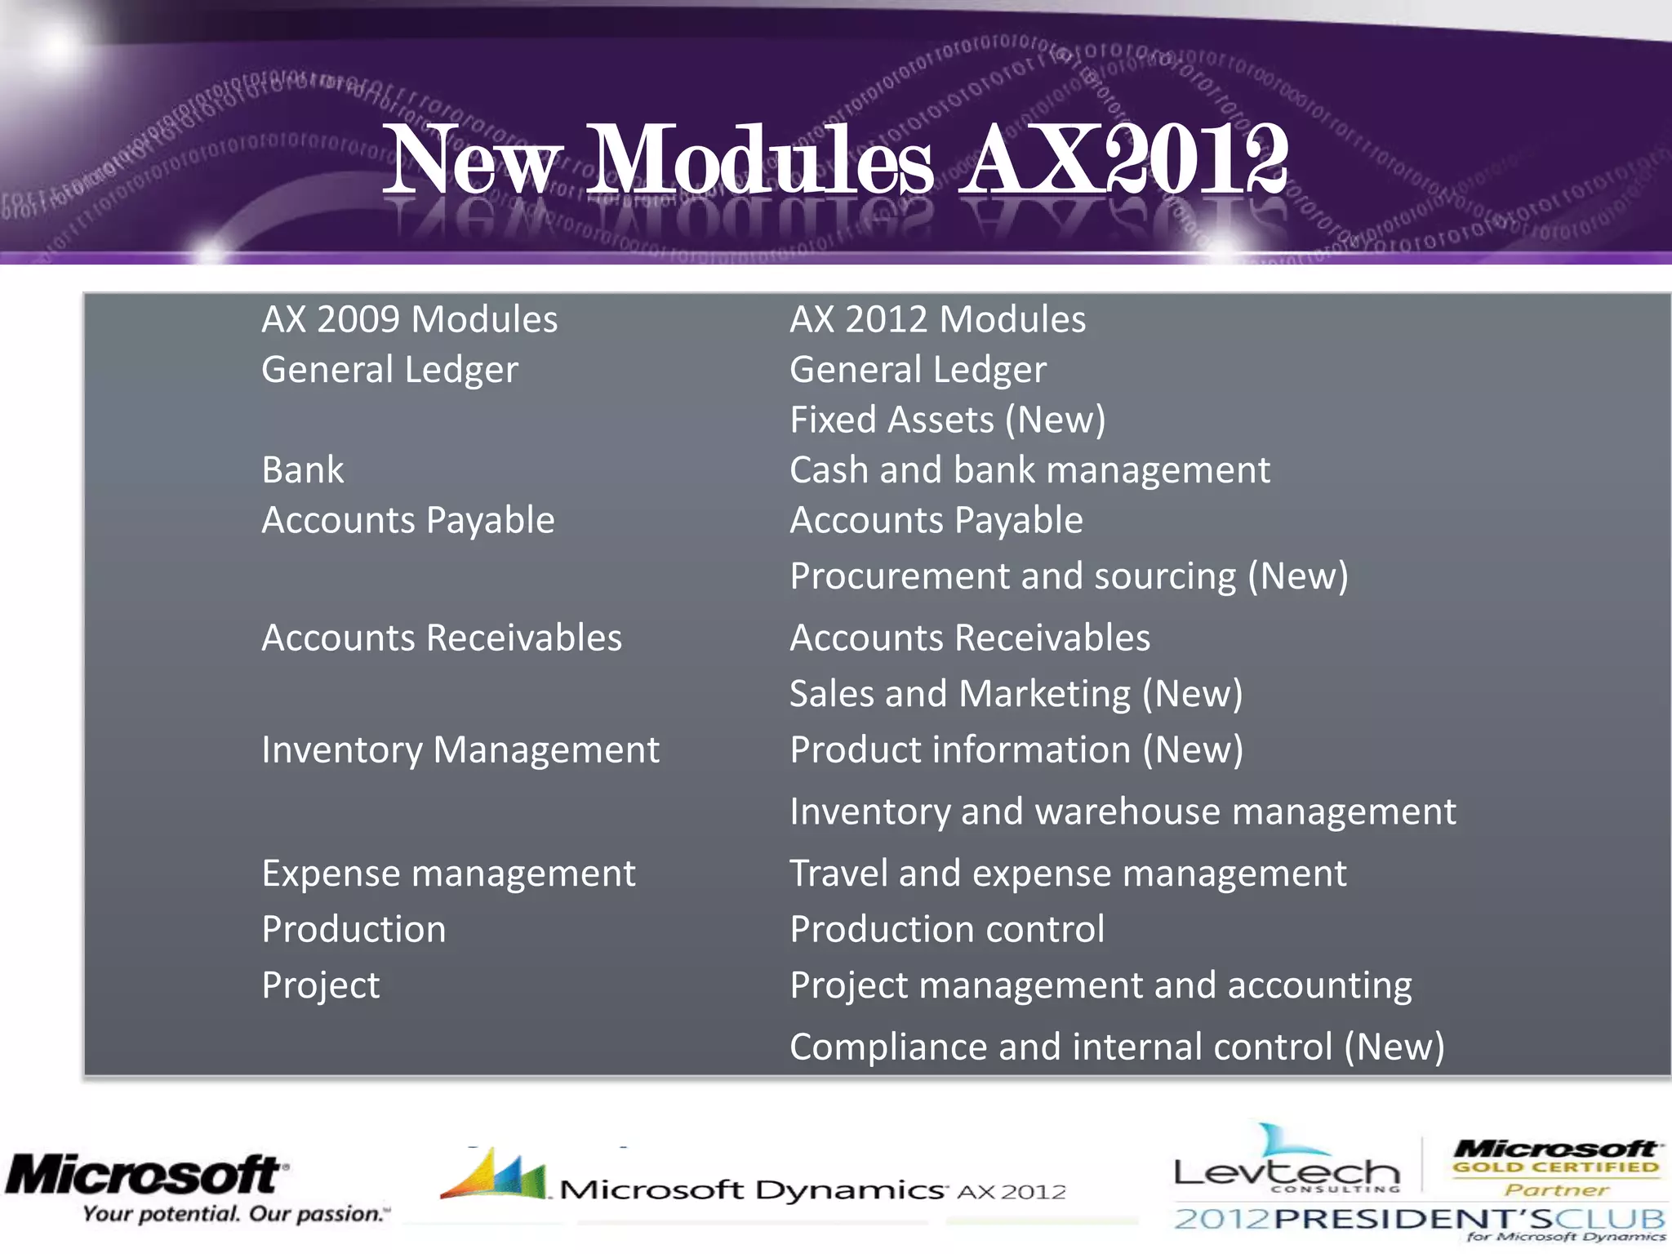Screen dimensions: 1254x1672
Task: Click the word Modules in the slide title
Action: pos(759,161)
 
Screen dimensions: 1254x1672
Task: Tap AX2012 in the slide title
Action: pos(1123,161)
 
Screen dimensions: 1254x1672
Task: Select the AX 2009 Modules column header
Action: pos(409,319)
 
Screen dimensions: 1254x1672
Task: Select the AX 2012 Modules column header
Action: pos(937,319)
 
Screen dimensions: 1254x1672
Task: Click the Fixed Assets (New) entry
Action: pos(947,420)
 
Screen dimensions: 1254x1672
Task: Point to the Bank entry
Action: pos(303,470)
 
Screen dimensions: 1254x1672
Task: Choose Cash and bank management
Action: pos(1029,470)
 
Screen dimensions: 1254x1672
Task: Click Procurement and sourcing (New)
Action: pos(1068,576)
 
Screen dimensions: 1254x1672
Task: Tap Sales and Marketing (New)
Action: pos(1016,694)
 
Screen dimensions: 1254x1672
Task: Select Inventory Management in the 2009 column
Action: pos(460,750)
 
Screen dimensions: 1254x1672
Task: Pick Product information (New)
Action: pos(1016,750)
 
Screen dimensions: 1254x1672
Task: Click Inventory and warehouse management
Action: pos(1122,812)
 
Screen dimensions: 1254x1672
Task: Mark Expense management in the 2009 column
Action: pos(448,874)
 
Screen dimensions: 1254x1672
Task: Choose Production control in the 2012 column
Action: pos(947,930)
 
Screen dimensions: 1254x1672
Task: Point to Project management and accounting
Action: pos(1100,985)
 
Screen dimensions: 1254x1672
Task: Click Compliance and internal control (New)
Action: pos(1116,1047)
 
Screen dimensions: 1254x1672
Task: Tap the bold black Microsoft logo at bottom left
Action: pos(145,1176)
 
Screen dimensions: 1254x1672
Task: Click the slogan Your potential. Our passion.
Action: pos(235,1215)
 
